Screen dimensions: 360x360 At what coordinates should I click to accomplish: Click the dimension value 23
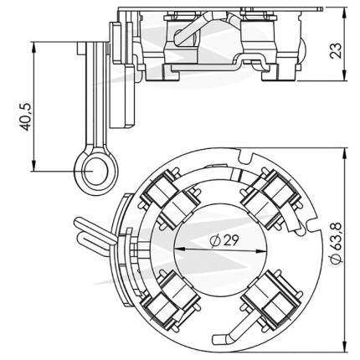[336, 50]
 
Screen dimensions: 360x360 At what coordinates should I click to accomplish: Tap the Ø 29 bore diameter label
[225, 240]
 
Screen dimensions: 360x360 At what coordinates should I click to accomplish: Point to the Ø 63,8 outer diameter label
[336, 244]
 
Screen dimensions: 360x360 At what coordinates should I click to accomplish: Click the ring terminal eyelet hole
[95, 171]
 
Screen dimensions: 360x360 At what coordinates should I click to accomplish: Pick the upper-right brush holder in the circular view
[271, 198]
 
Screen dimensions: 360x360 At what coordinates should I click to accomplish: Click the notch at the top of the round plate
[245, 157]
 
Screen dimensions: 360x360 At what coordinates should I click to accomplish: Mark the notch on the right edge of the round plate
[313, 225]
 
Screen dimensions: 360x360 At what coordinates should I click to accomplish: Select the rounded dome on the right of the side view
[302, 50]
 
